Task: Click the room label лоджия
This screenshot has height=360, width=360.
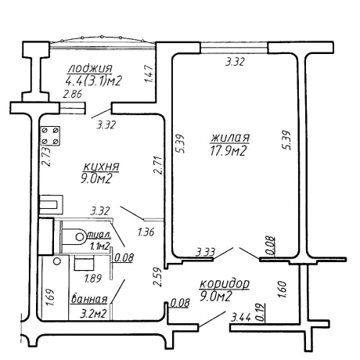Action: coord(90,69)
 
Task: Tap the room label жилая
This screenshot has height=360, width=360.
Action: coord(230,138)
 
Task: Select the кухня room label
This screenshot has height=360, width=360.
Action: coord(102,167)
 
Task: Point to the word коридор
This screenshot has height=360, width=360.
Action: coord(225,284)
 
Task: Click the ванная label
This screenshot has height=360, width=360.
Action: coord(89,299)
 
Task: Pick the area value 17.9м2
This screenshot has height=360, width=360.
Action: coord(229,151)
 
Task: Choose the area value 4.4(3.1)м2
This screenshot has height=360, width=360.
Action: coord(94,81)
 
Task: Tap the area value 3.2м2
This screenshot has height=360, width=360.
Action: coord(93,314)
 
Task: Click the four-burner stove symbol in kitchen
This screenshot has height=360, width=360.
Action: coord(50,135)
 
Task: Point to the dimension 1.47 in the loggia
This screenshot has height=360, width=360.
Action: coord(149,74)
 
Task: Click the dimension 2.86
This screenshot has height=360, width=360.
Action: coord(73,94)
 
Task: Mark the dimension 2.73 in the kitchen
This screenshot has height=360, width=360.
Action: coord(46,157)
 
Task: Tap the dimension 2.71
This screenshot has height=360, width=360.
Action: coord(159,165)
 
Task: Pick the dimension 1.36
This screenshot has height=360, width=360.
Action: coord(146,232)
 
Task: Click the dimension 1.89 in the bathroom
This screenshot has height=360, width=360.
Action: coord(93,279)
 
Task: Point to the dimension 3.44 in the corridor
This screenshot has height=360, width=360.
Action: coord(241,318)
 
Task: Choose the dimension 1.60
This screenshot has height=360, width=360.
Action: coord(283,289)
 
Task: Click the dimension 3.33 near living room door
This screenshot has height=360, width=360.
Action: coord(206,252)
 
